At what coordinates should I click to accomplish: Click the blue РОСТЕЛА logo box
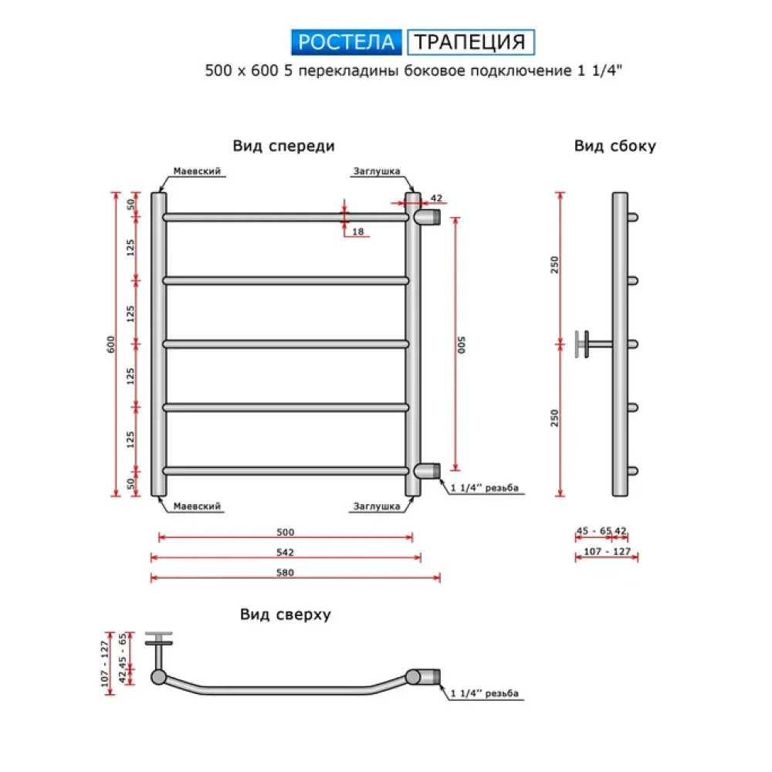click(x=346, y=41)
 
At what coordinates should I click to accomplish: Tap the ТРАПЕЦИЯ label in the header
click(x=470, y=41)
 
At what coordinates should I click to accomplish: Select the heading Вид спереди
click(x=283, y=146)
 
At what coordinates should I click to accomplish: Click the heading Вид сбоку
click(x=615, y=146)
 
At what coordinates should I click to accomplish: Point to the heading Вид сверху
click(x=285, y=615)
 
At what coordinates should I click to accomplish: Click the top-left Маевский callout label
click(x=198, y=171)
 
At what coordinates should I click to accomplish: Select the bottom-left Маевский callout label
click(x=198, y=506)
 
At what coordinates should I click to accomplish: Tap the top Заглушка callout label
click(x=376, y=171)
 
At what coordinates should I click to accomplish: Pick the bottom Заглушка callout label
click(x=376, y=506)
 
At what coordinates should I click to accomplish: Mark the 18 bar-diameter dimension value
click(x=357, y=232)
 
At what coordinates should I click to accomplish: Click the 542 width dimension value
click(x=286, y=552)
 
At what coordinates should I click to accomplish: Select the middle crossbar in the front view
click(x=286, y=344)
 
